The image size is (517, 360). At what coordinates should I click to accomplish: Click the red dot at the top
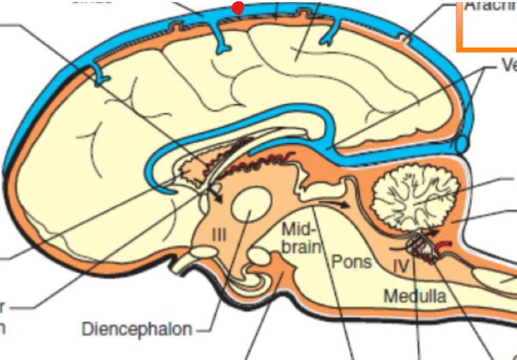[x=238, y=8]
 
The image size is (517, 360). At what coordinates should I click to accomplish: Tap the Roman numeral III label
[x=219, y=235]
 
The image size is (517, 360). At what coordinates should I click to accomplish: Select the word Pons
[x=351, y=261]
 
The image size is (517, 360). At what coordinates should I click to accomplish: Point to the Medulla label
[x=415, y=296]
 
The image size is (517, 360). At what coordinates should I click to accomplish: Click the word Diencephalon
[x=136, y=329]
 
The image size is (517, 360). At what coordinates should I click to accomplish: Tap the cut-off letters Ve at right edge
[x=508, y=65]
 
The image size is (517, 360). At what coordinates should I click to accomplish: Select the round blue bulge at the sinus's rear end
[x=463, y=144]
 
